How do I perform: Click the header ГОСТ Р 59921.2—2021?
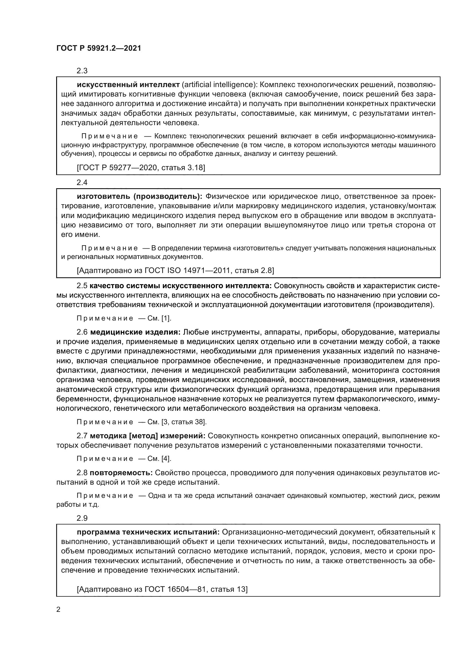pos(99,48)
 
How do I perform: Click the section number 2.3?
pos(82,71)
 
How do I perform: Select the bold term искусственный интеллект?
pos(128,85)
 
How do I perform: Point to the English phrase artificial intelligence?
pos(218,85)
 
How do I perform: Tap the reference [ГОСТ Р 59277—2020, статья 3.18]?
pos(141,168)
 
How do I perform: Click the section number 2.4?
pos(82,182)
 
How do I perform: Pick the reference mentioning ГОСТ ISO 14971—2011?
pos(175,270)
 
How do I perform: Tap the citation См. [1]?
pos(159,318)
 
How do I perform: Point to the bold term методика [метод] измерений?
pos(148,436)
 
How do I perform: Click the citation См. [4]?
pos(159,458)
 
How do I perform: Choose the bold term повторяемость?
pos(122,472)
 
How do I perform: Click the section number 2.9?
pos(82,518)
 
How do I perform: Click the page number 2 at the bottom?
pos(58,609)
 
